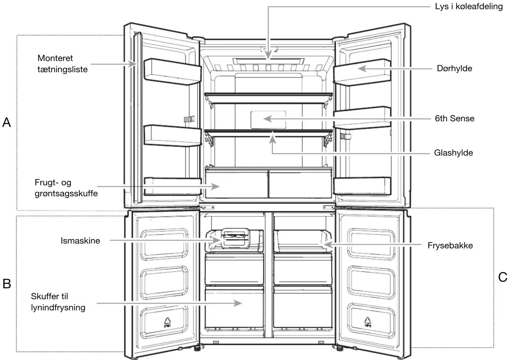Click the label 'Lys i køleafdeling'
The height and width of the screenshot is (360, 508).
point(469,7)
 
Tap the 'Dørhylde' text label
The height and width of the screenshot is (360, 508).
point(454,69)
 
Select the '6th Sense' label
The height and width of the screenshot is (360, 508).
point(454,118)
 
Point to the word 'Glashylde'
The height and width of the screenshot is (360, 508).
point(453,153)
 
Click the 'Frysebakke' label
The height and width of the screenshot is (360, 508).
point(450,245)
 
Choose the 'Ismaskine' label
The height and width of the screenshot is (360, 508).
point(80,240)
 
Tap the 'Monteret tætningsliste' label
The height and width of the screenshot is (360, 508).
point(62,64)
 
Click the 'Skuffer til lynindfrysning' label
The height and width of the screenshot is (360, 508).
point(58,302)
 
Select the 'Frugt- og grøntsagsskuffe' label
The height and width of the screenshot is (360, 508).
point(66,188)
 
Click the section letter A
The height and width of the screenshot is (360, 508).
point(7,123)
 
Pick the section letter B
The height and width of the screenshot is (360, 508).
point(7,284)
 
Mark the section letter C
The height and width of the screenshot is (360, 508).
point(503,277)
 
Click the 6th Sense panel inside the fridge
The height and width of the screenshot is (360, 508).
point(268,120)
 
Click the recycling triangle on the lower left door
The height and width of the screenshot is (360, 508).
point(168,322)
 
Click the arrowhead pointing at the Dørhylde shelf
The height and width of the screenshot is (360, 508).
point(362,69)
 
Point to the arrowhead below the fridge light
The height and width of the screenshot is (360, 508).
point(268,55)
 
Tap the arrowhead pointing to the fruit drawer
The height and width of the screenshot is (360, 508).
point(215,187)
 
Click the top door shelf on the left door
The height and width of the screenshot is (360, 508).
point(172,71)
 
